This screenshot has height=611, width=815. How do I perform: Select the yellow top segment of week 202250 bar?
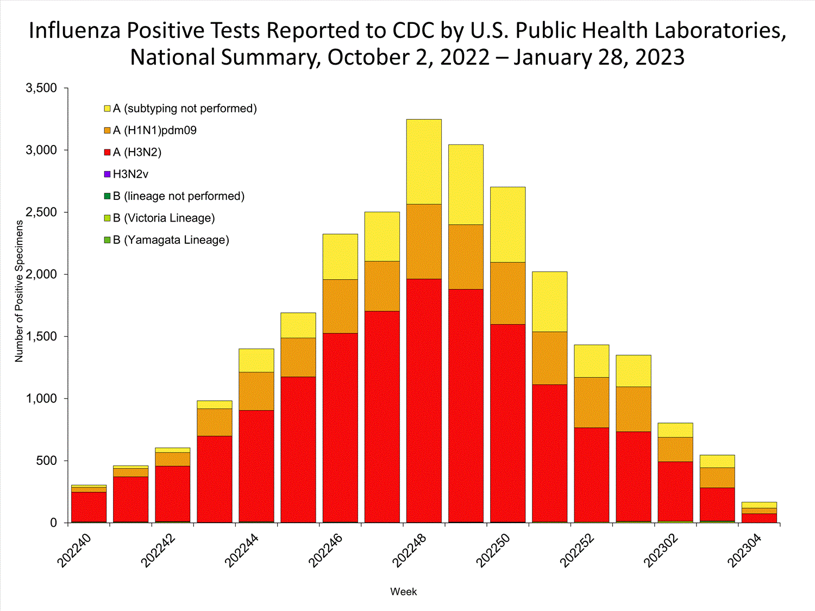tap(507, 224)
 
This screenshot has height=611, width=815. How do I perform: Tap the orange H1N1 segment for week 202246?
tap(340, 306)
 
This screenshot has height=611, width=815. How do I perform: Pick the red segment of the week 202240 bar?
tap(89, 507)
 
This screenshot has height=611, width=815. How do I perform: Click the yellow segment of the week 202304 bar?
tap(759, 505)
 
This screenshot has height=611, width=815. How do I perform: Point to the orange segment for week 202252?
tap(592, 402)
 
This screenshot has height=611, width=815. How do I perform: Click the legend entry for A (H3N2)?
tap(137, 153)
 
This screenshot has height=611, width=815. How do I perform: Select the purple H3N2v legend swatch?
tap(108, 174)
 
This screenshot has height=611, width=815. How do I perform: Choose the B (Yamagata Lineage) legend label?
tap(171, 240)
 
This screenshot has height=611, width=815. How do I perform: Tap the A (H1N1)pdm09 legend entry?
tap(154, 130)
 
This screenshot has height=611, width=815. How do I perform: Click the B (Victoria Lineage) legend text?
tap(164, 218)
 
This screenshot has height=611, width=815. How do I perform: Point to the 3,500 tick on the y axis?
tap(41, 88)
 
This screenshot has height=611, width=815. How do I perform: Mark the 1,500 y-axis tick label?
tap(41, 337)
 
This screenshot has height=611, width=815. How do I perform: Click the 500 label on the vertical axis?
tap(46, 461)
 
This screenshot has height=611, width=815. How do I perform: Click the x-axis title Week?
tap(403, 592)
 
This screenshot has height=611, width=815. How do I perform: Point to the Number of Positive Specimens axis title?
tap(20, 291)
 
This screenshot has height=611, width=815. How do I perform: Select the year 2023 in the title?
tap(659, 57)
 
